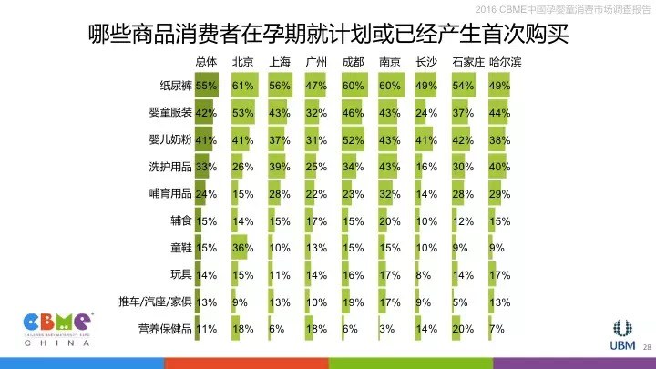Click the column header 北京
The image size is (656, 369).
243,62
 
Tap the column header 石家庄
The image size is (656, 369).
464,62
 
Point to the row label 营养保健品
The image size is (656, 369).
164,329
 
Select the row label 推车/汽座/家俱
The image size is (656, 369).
155,302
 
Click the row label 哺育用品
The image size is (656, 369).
169,194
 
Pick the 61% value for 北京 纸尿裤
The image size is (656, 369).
243,86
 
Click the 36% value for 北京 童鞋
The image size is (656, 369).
243,248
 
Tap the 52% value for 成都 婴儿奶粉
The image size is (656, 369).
353,140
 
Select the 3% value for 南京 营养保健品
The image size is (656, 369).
386,329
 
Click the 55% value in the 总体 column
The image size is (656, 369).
207,86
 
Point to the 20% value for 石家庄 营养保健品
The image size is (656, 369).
463,329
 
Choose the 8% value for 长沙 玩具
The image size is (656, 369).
423,275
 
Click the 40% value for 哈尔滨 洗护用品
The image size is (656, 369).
499,167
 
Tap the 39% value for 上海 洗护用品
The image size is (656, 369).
280,167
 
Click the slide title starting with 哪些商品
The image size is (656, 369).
328,35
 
